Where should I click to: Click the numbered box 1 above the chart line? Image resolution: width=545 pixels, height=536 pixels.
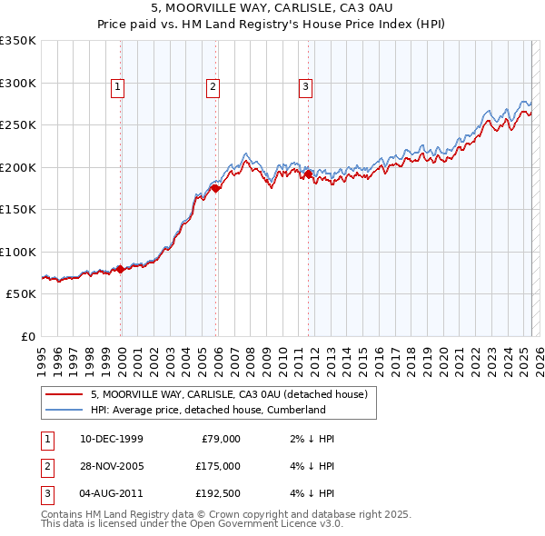point(117,87)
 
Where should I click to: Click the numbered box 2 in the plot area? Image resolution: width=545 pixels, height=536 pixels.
point(212,87)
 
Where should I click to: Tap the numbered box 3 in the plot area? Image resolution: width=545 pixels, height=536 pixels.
point(305,87)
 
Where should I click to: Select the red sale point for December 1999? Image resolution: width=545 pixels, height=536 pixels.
point(120,269)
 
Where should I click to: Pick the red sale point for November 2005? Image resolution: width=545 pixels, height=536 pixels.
point(216,189)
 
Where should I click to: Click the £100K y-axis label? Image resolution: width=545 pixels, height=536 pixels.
point(18,252)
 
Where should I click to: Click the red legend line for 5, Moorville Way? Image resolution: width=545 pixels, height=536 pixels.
point(63,394)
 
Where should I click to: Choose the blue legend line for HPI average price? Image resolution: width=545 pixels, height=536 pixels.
point(63,410)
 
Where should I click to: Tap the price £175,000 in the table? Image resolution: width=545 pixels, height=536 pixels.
point(218,466)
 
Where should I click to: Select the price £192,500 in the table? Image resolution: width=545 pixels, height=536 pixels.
point(218,493)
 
